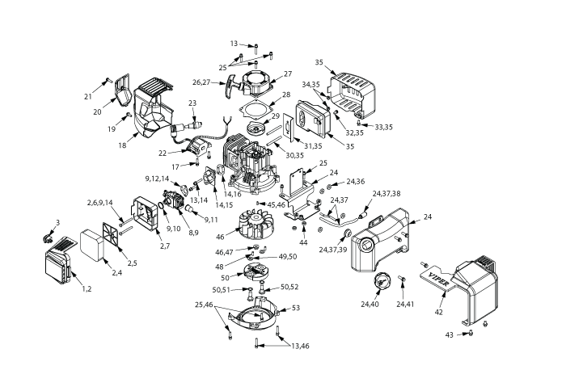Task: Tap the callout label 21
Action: tap(88, 97)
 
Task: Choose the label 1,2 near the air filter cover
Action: tap(83, 288)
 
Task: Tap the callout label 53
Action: tap(296, 307)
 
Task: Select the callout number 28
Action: tap(287, 95)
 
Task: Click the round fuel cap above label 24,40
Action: tap(377, 284)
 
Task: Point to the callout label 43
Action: tap(450, 334)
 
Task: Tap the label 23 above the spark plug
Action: tap(192, 103)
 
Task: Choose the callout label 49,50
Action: tap(288, 256)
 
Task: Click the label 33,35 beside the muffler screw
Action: tap(384, 127)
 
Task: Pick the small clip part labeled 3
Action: tap(49, 237)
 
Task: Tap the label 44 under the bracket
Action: tap(304, 242)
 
